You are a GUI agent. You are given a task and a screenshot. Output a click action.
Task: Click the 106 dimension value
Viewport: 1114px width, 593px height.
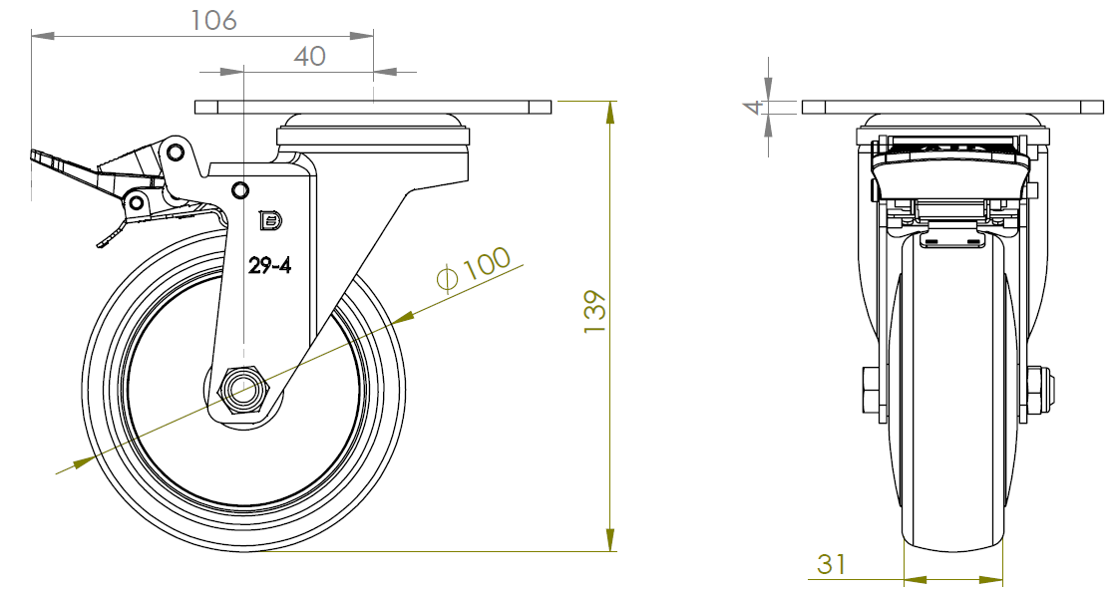pyautogui.click(x=213, y=20)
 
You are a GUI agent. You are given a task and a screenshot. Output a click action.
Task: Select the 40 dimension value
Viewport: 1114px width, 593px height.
pyautogui.click(x=310, y=56)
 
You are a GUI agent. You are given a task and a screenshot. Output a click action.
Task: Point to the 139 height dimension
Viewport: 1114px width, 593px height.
pyautogui.click(x=594, y=311)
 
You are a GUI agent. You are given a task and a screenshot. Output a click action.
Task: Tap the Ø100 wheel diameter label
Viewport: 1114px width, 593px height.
pyautogui.click(x=474, y=269)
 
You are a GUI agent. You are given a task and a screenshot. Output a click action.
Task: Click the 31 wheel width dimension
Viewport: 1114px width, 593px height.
pyautogui.click(x=831, y=564)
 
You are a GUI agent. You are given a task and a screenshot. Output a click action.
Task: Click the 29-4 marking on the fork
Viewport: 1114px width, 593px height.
pyautogui.click(x=269, y=266)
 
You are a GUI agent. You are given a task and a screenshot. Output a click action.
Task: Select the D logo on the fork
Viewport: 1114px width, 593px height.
pyautogui.click(x=270, y=221)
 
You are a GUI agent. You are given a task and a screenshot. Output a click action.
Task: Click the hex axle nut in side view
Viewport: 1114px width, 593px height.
pyautogui.click(x=244, y=390)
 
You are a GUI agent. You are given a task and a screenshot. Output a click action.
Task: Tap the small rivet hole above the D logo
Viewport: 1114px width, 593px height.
pyautogui.click(x=240, y=189)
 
